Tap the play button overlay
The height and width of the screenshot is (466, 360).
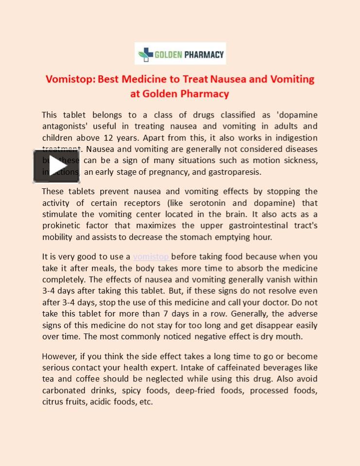tap(56, 166)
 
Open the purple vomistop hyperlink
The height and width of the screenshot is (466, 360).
tap(151, 257)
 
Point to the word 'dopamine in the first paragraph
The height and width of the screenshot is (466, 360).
tap(297, 115)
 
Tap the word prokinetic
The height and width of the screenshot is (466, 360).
tap(63, 226)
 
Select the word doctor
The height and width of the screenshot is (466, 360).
tap(289, 302)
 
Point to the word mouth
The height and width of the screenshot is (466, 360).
tap(290, 336)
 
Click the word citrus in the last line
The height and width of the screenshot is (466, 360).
tap(53, 402)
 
